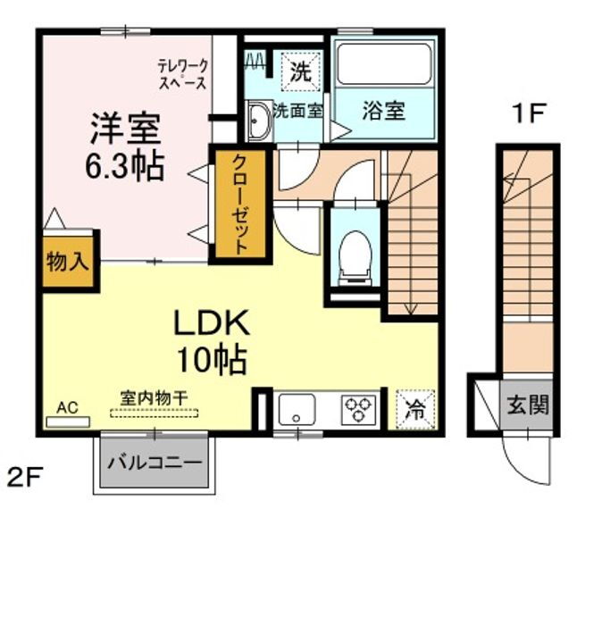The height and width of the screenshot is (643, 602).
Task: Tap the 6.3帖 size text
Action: [124, 166]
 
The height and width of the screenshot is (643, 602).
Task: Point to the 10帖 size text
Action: [211, 359]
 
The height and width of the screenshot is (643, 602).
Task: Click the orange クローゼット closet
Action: [239, 205]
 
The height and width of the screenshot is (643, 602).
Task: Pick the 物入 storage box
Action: [68, 262]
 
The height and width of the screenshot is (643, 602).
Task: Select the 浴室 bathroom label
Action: [384, 111]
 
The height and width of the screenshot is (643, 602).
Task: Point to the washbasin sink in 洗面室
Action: [258, 121]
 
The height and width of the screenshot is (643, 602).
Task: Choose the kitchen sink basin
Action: [296, 411]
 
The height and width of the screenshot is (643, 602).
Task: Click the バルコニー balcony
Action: [155, 463]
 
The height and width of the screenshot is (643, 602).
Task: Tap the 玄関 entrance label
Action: [528, 405]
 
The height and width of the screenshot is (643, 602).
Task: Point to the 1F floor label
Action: [528, 113]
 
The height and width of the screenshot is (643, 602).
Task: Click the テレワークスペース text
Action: [182, 74]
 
